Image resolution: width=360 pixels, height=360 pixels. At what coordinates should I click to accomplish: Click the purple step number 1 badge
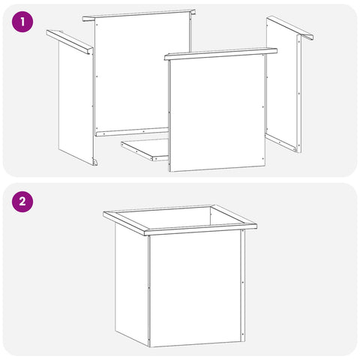pyautogui.click(x=22, y=22)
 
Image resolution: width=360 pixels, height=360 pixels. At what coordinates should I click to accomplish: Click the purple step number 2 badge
pyautogui.click(x=22, y=201)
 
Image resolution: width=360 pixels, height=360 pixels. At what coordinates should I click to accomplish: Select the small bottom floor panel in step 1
pyautogui.click(x=145, y=149)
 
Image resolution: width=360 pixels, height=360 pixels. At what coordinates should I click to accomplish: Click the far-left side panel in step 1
pyautogui.click(x=76, y=103)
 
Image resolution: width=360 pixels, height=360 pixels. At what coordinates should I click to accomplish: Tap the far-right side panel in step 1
pyautogui.click(x=282, y=84)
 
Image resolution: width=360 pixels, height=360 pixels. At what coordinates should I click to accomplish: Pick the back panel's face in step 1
pyautogui.click(x=142, y=73)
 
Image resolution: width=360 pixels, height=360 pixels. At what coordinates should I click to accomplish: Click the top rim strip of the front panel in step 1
pyautogui.click(x=220, y=54)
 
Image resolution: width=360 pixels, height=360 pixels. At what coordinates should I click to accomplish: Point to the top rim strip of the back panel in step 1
pyautogui.click(x=139, y=15)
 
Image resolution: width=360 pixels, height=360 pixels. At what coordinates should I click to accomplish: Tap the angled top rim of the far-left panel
pyautogui.click(x=70, y=42)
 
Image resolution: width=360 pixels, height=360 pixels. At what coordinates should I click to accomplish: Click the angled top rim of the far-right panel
pyautogui.click(x=290, y=28)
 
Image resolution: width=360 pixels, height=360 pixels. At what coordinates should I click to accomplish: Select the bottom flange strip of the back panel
pyautogui.click(x=132, y=132)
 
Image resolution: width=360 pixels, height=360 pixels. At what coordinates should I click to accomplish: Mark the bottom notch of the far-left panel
pyautogui.click(x=94, y=162)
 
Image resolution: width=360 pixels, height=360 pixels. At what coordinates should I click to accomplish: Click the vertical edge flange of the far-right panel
pyautogui.click(x=299, y=94)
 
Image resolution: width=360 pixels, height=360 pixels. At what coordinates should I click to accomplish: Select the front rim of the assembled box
pyautogui.click(x=201, y=229)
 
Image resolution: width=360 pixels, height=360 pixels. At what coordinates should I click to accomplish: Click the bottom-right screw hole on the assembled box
pyautogui.click(x=242, y=334)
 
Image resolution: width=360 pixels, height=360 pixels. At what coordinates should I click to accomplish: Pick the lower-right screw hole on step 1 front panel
pyautogui.click(x=262, y=158)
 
